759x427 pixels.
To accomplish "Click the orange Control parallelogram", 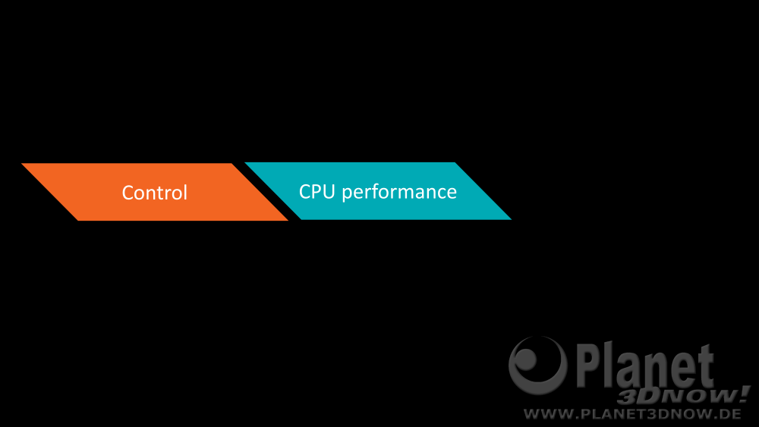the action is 155,192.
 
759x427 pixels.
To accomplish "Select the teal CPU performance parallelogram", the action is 378,191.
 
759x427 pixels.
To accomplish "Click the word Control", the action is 154,193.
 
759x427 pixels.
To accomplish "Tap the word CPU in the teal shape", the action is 317,191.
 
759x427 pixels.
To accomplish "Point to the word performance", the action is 399,193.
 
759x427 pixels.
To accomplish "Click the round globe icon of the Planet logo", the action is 538,365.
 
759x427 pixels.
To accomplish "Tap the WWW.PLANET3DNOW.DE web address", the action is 632,414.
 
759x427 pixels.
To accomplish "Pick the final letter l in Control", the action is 185,192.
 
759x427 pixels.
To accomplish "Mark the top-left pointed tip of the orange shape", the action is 22,164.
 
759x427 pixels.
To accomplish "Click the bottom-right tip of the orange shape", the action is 288,221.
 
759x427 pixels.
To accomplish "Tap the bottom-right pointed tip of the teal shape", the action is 511,219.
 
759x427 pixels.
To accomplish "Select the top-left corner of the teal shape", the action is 245,162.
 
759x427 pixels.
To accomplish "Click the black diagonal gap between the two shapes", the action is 266,191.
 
